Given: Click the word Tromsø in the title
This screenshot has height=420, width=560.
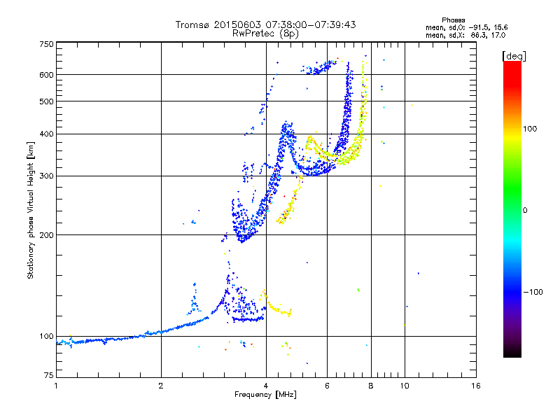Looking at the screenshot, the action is point(192,24).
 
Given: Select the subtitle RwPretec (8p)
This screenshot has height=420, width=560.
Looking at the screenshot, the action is point(265,34).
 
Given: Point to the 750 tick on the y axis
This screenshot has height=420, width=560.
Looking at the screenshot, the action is point(47,44).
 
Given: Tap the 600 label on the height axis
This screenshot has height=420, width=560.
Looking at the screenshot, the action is point(47,75).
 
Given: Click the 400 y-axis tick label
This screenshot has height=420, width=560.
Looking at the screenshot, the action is point(47,134).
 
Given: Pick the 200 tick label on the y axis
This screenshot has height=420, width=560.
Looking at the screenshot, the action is point(47,235).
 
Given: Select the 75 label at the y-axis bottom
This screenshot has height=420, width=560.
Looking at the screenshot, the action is point(49,375).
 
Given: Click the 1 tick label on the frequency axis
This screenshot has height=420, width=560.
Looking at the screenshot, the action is point(56,386).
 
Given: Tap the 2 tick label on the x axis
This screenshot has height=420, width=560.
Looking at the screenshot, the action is point(161,386).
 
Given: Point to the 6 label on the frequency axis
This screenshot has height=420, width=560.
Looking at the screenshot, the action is point(327,386).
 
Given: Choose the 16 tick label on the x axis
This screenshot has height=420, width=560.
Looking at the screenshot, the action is point(476,386).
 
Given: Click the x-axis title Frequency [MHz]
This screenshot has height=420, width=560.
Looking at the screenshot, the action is point(265,395).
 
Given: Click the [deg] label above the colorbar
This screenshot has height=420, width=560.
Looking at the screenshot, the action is point(514,57).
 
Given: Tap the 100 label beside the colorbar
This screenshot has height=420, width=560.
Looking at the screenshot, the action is point(530,129).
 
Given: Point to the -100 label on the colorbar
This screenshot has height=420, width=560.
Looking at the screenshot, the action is point(533,292).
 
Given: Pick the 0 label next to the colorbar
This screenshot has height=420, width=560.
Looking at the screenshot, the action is point(525,211).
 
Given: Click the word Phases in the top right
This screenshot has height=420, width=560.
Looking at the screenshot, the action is point(453,20).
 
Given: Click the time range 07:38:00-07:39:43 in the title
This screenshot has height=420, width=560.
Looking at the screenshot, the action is point(311,24).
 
